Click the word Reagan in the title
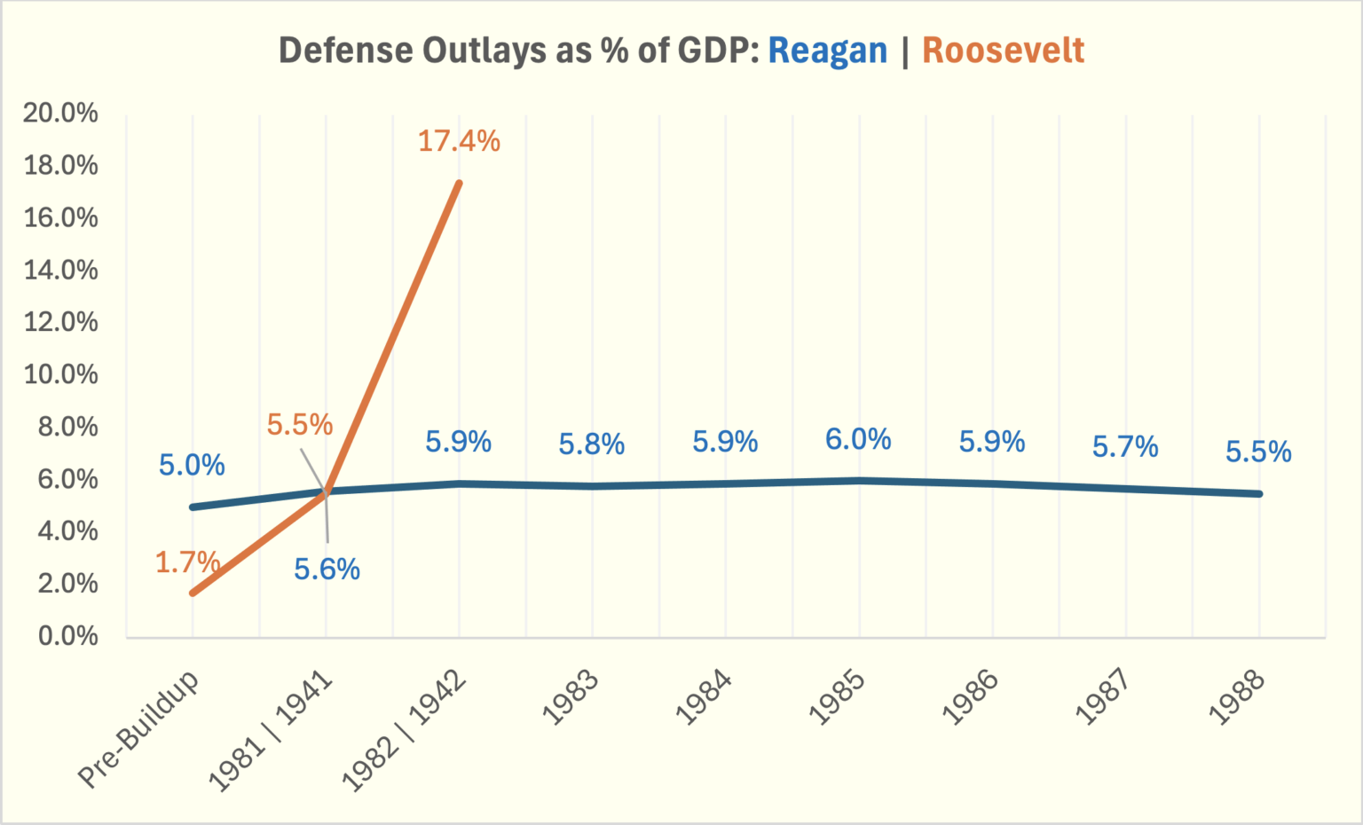point(827,51)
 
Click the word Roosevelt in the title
point(1003,51)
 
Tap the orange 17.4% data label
point(459,141)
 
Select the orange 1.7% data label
point(187,562)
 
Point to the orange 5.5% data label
point(300,425)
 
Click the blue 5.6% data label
point(327,570)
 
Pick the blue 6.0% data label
point(858,439)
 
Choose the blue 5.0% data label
point(192,465)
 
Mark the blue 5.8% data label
point(592,444)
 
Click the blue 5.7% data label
point(1125,447)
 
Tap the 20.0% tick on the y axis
point(60,113)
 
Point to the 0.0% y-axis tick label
point(67,636)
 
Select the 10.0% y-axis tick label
point(60,374)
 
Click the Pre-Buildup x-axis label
point(139,729)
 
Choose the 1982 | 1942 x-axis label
point(405,731)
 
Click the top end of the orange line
point(459,182)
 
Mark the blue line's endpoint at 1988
point(1258,493)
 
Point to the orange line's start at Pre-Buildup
point(193,593)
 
